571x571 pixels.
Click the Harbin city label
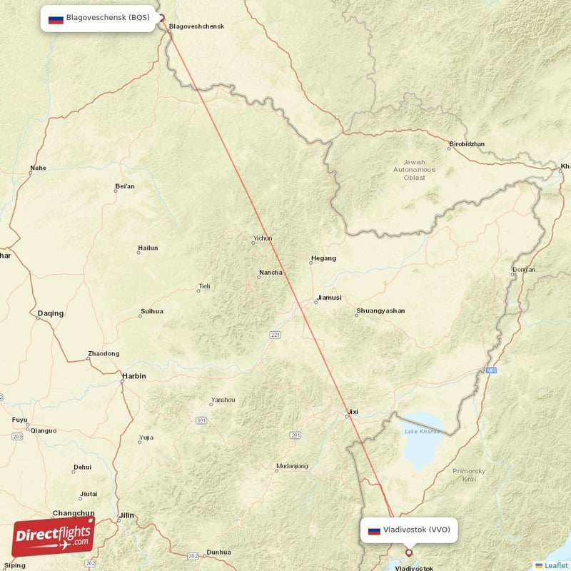pos(134,376)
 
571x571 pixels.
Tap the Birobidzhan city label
pos(467,144)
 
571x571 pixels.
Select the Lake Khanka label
pos(421,431)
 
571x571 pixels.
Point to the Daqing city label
pos(50,313)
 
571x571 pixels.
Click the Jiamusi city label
pos(329,298)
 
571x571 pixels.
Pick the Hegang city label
pos(323,258)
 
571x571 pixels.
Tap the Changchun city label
pos(74,513)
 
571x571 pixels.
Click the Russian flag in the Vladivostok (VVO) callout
pos(374,530)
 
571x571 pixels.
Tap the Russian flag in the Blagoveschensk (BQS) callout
pos(56,19)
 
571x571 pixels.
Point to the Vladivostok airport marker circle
pos(409,552)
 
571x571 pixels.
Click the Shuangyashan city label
pos(380,311)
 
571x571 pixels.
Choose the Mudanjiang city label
pos(292,467)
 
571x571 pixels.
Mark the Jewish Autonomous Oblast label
pos(414,170)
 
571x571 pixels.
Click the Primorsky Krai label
pos(469,475)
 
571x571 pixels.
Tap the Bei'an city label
pos(125,187)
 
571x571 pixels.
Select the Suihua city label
pos(152,311)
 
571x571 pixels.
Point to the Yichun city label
pos(263,239)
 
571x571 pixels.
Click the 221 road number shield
pos(276,335)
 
